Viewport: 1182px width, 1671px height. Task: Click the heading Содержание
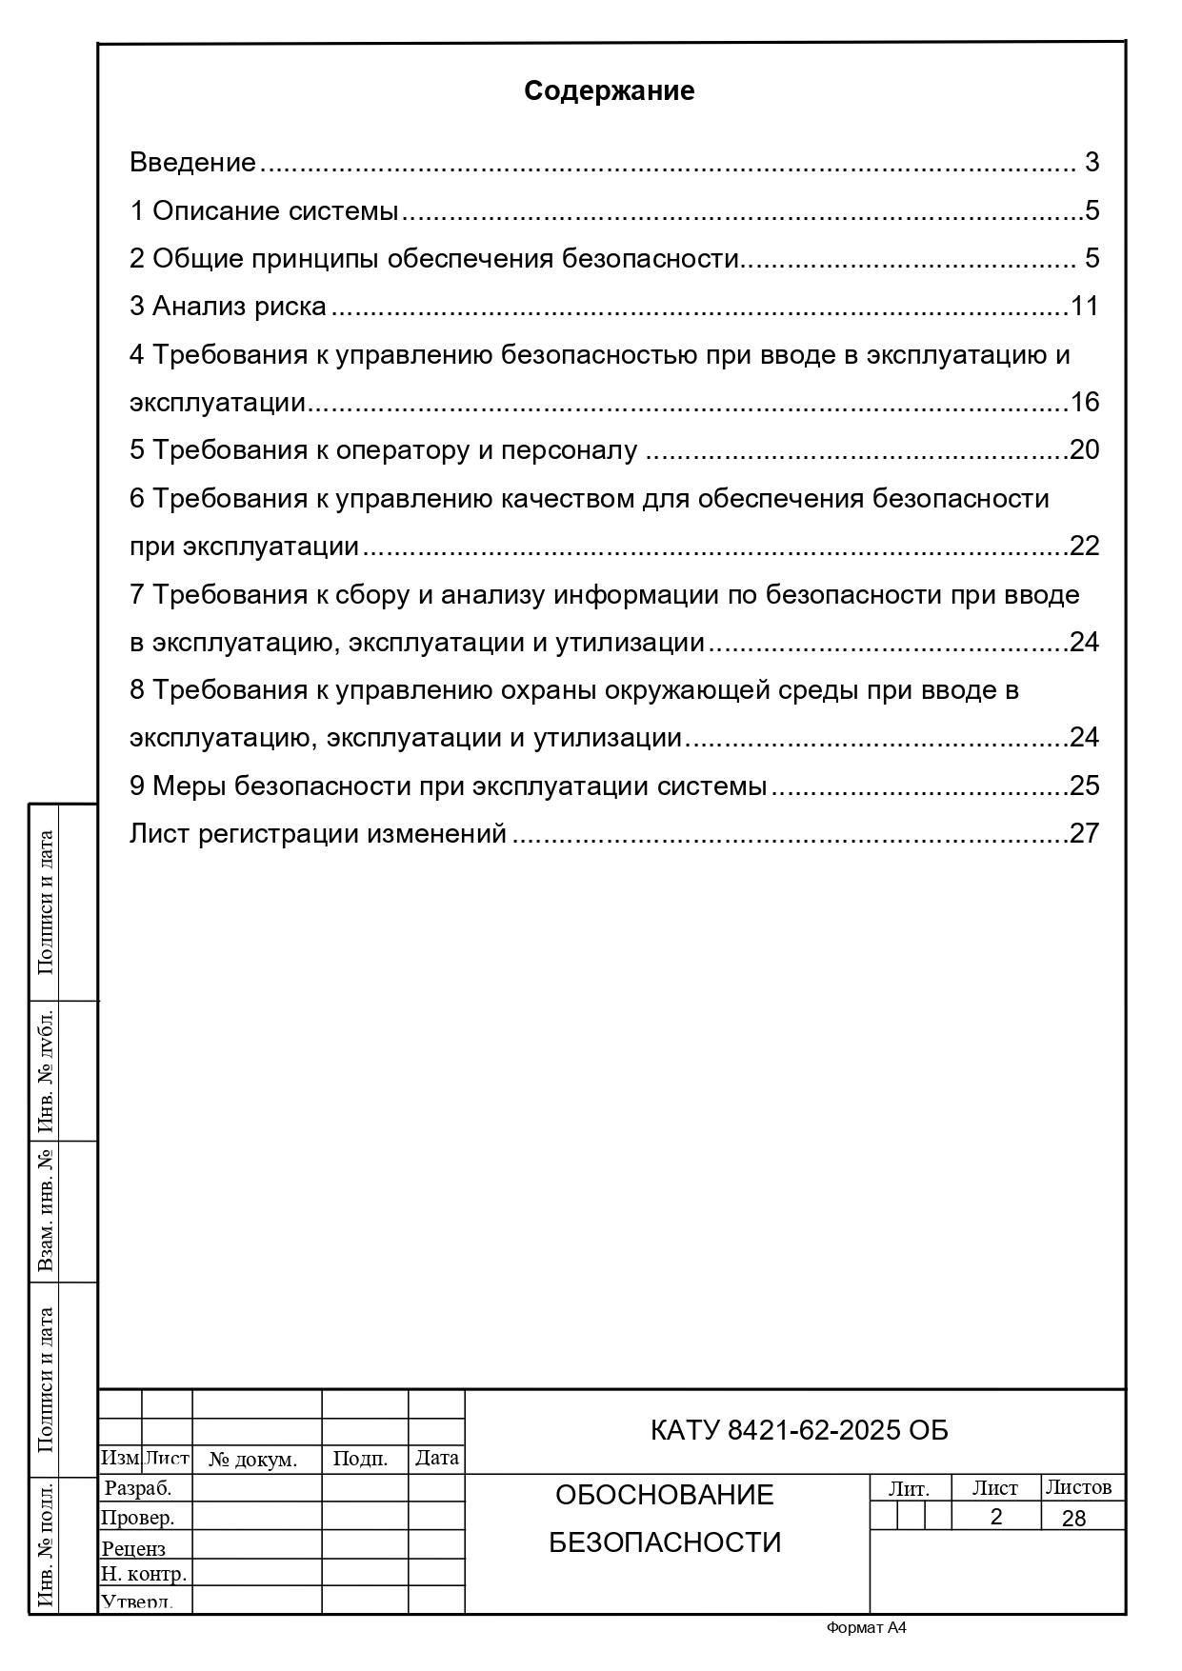(x=609, y=91)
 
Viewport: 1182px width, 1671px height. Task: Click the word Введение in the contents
(x=192, y=163)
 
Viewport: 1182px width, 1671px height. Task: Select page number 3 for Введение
(x=1092, y=163)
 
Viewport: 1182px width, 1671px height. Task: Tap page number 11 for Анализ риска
(x=1085, y=307)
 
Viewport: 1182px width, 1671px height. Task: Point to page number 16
(x=1085, y=403)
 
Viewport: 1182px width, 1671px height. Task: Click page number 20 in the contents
(x=1085, y=450)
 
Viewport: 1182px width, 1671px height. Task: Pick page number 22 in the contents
(x=1085, y=547)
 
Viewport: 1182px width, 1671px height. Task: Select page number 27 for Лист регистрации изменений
(x=1085, y=834)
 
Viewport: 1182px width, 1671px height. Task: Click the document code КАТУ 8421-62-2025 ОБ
(x=799, y=1431)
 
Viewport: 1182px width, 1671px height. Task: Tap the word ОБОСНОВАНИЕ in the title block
(x=664, y=1495)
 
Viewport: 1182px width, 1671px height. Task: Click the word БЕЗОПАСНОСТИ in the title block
(x=664, y=1542)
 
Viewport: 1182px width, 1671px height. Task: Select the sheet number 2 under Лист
(x=996, y=1517)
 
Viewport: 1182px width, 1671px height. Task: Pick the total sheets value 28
(x=1073, y=1518)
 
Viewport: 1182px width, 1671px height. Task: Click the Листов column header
(x=1078, y=1487)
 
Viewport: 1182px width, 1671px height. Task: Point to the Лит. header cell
(x=909, y=1489)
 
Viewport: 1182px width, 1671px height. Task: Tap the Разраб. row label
(x=137, y=1488)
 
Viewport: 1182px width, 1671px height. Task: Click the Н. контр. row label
(x=144, y=1574)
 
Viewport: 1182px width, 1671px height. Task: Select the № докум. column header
(x=253, y=1459)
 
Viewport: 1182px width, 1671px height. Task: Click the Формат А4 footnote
(x=866, y=1628)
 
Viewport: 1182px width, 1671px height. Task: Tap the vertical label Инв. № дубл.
(x=45, y=1071)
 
